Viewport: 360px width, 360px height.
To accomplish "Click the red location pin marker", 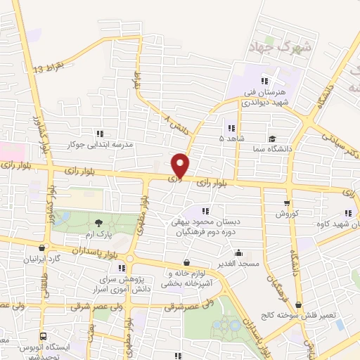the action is point(181,165).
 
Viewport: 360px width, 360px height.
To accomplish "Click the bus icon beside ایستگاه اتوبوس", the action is point(44,337).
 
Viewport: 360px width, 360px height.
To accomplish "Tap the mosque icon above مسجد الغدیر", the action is point(240,252).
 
